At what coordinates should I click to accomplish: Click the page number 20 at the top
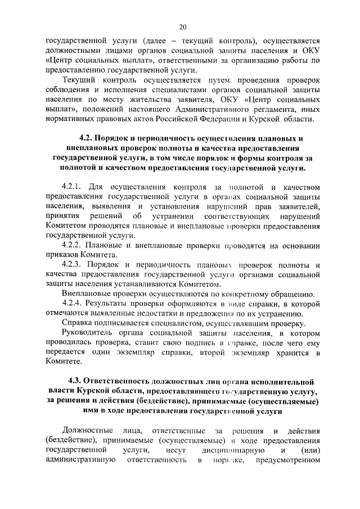point(183,26)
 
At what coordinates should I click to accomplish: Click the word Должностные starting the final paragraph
point(87,431)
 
